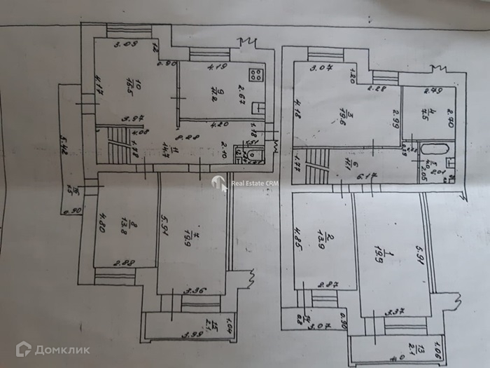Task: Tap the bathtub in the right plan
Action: point(435,149)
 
